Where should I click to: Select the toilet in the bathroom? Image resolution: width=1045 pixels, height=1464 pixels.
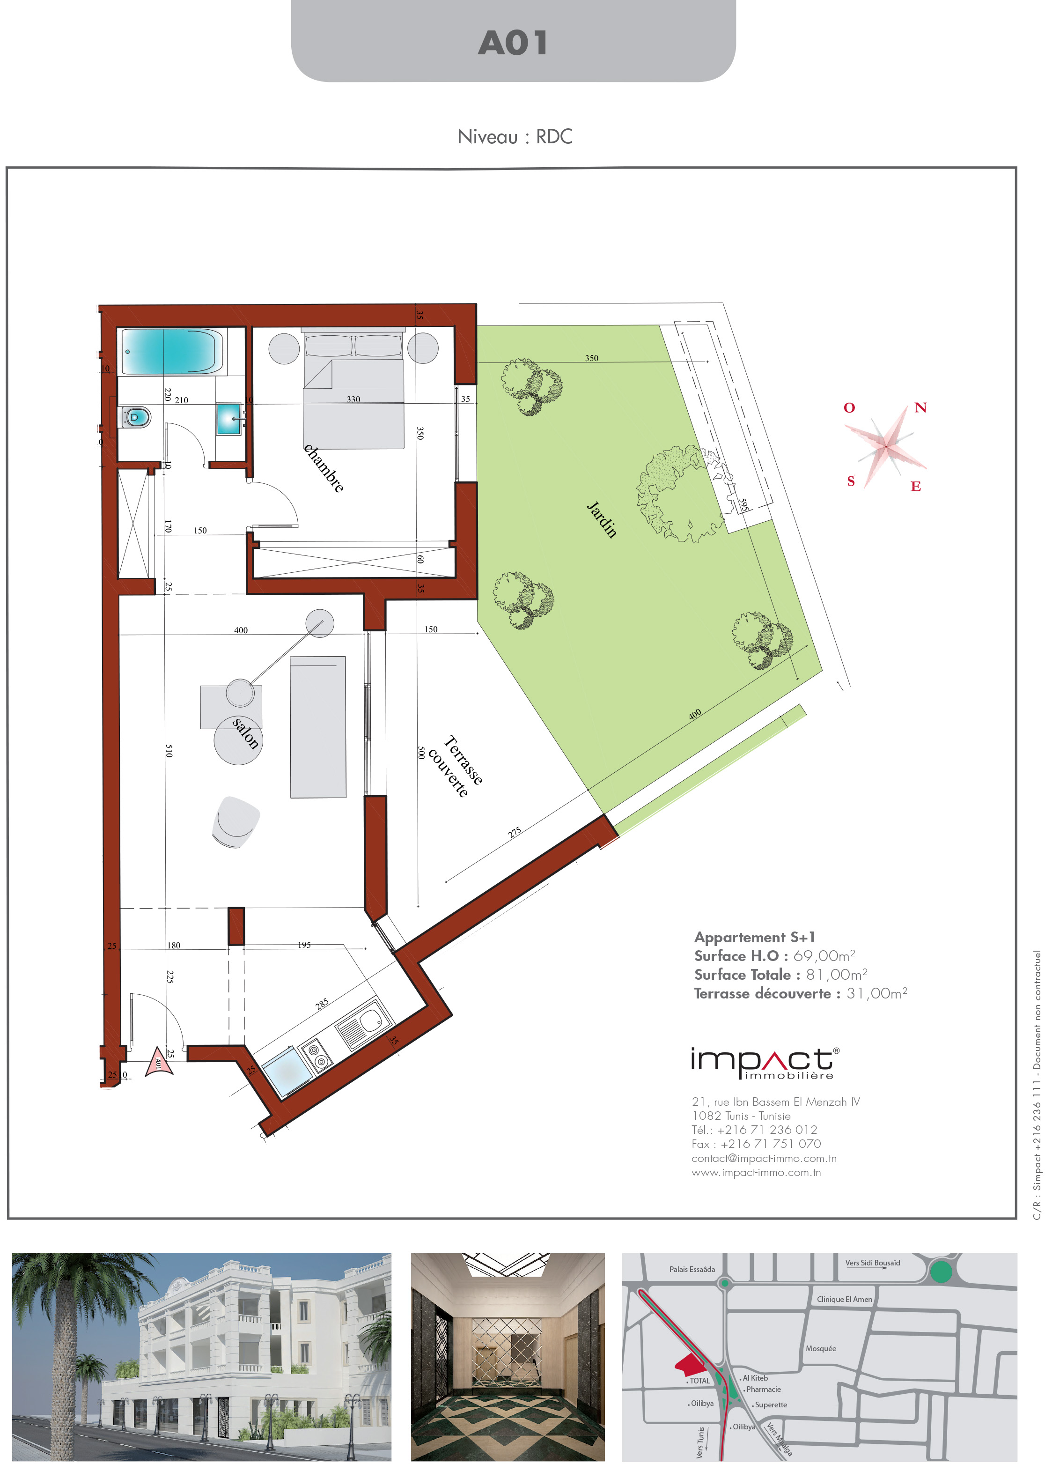(x=136, y=417)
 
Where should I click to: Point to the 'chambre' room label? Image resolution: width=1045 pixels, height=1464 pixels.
(x=324, y=468)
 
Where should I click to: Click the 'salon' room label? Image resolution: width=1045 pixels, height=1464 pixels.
(x=246, y=733)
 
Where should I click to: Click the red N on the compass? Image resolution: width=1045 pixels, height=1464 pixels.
(x=920, y=407)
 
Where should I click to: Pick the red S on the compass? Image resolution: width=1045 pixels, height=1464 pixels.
(x=851, y=481)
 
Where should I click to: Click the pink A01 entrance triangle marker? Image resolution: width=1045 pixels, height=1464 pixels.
(x=158, y=1062)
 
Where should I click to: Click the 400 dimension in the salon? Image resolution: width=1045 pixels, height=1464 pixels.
(x=241, y=630)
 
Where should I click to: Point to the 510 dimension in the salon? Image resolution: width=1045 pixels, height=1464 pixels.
(x=169, y=750)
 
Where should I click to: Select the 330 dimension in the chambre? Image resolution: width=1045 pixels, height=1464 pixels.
(x=353, y=399)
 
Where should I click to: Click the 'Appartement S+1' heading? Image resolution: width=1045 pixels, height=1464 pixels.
(x=754, y=937)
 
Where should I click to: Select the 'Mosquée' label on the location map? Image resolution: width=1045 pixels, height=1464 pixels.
(x=821, y=1348)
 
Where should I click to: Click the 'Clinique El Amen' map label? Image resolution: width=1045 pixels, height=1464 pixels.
(x=844, y=1299)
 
